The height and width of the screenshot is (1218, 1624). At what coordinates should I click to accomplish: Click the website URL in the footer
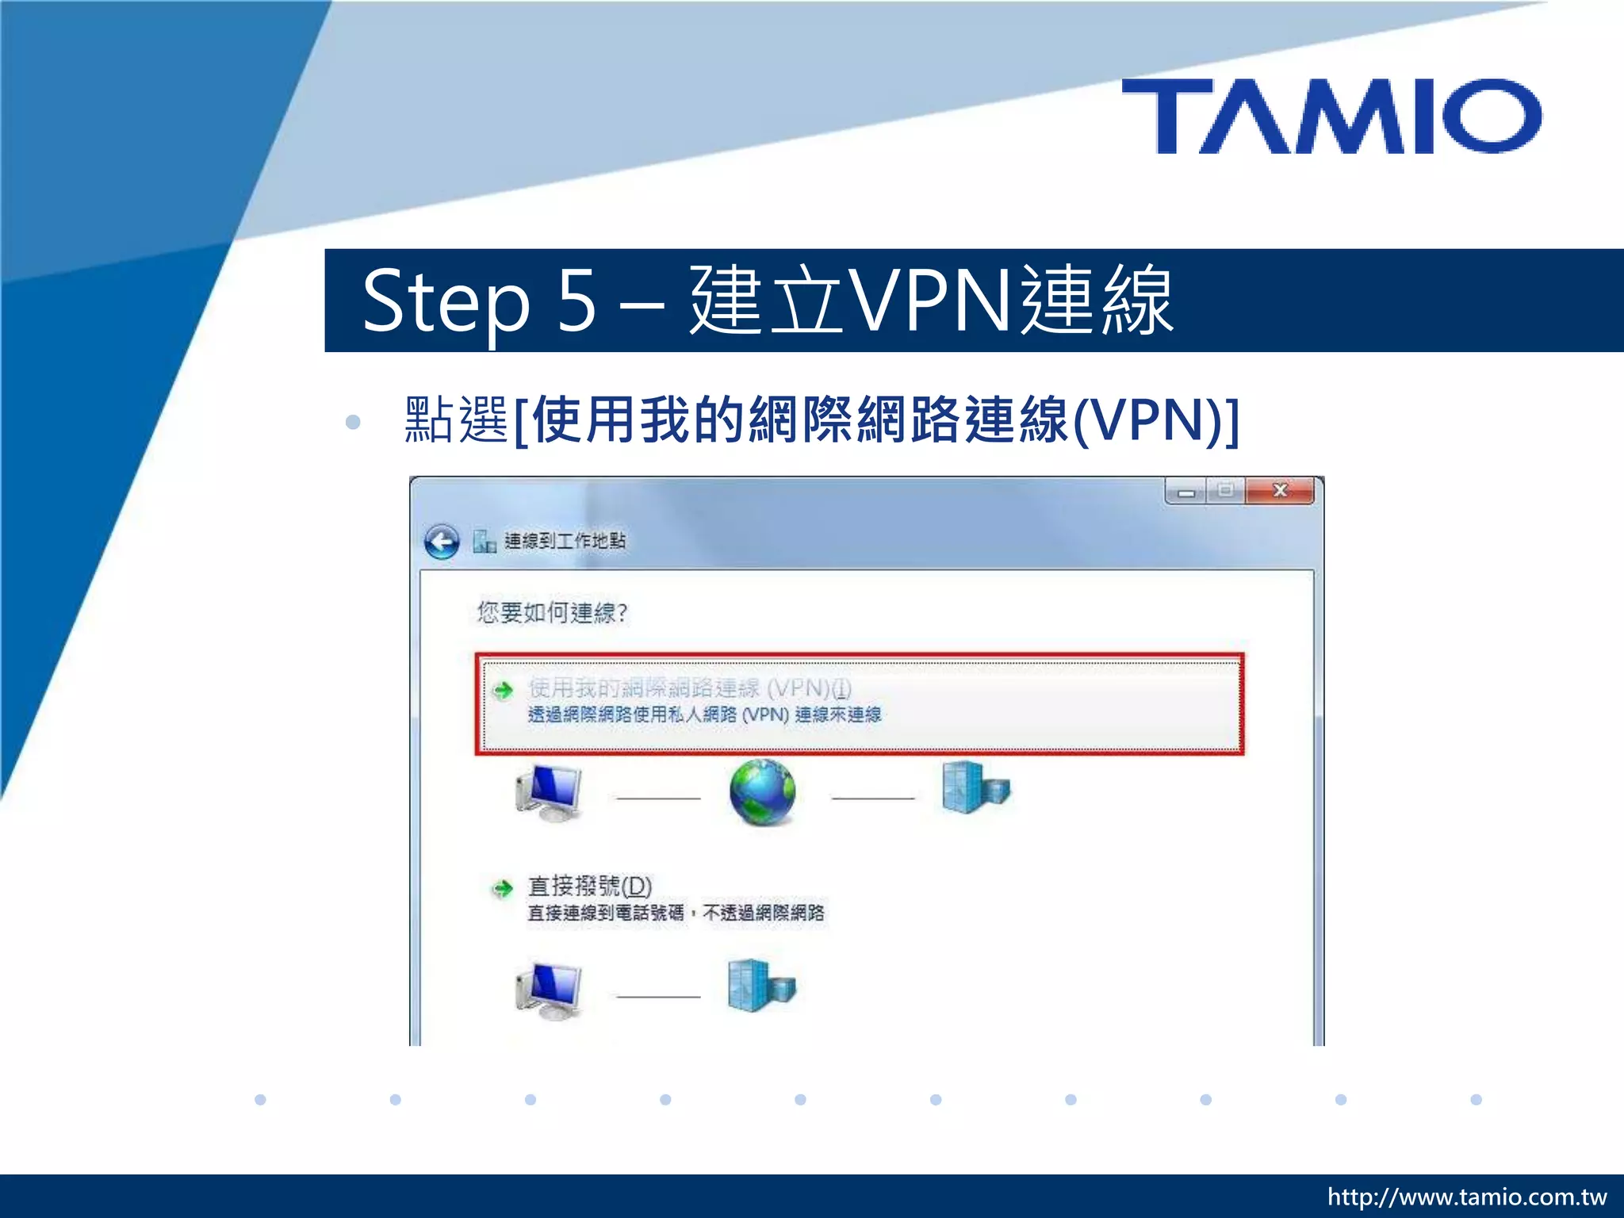1466,1197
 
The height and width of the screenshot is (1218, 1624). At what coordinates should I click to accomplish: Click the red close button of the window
1279,491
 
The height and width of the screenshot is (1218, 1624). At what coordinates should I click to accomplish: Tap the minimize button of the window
1186,492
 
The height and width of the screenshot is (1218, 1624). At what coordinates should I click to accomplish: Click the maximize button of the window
1226,491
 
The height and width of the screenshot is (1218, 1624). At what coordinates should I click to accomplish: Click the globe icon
762,792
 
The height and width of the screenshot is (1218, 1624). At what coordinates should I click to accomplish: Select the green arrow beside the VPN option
503,690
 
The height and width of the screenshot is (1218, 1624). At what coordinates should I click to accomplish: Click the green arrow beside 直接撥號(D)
503,888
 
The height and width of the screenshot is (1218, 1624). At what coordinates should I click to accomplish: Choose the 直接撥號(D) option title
589,886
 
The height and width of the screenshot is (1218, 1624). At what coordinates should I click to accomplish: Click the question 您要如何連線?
552,612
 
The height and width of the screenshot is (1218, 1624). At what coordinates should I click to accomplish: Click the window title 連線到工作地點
565,541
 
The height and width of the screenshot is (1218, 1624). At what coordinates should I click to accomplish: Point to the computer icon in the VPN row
550,792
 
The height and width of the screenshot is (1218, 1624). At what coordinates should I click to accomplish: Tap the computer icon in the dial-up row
550,990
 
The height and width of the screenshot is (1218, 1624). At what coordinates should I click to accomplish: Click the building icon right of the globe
975,787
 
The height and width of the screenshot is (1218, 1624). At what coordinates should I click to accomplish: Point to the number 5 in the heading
576,301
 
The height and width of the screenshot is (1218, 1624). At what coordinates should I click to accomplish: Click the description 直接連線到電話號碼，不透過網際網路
676,913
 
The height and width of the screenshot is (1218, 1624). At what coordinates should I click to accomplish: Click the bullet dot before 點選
353,422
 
